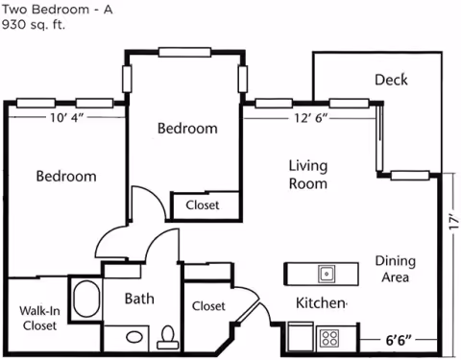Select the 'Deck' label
click(391, 80)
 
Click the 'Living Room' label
click(308, 174)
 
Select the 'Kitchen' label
click(320, 304)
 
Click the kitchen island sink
click(326, 274)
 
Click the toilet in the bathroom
click(169, 335)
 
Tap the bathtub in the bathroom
click(85, 300)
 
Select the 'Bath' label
click(139, 299)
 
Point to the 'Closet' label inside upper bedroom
click(202, 205)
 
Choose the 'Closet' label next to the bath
click(208, 306)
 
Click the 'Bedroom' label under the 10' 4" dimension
click(66, 177)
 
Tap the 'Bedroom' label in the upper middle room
click(187, 128)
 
